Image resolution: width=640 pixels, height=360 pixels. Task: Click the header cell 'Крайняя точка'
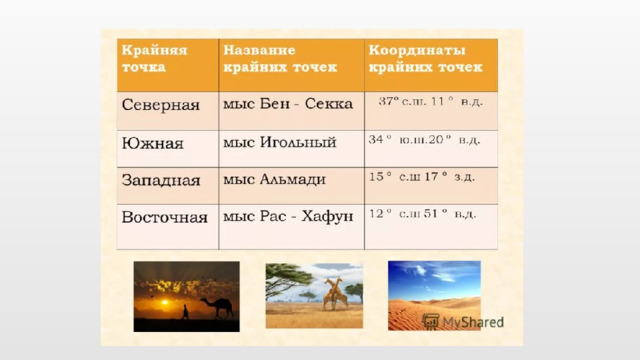tap(146, 57)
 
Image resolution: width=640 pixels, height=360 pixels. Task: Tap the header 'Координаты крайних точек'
tap(425, 59)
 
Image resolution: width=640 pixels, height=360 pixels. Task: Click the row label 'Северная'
tap(160, 104)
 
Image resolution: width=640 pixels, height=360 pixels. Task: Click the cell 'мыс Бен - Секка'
tap(282, 104)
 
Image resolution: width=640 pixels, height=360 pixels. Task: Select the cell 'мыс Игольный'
tap(278, 143)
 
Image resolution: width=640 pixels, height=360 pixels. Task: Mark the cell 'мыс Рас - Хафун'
tap(288, 216)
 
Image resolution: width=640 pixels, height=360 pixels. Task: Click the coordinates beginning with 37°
tap(430, 101)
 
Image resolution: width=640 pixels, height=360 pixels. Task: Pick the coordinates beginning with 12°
tap(423, 213)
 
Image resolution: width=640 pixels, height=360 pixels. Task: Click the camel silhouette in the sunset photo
tap(216, 306)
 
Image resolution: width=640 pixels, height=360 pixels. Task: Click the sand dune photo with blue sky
tap(433, 290)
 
